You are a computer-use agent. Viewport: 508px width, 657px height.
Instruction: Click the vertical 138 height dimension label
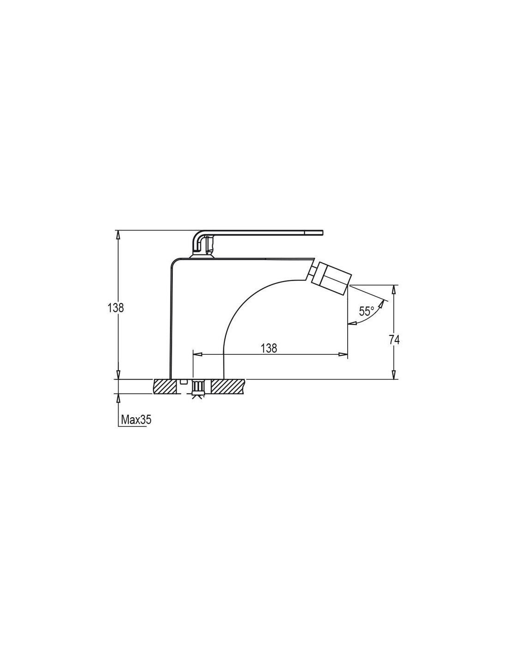[x=116, y=308]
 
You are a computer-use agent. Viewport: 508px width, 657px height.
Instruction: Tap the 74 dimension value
[x=394, y=340]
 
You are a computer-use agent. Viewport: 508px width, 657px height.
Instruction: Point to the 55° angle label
[x=366, y=311]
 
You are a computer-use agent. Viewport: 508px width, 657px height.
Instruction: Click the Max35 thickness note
[x=136, y=420]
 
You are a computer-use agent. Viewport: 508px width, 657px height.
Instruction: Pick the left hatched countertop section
[x=165, y=386]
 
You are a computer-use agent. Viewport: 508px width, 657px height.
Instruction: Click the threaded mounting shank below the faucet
[x=198, y=388]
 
